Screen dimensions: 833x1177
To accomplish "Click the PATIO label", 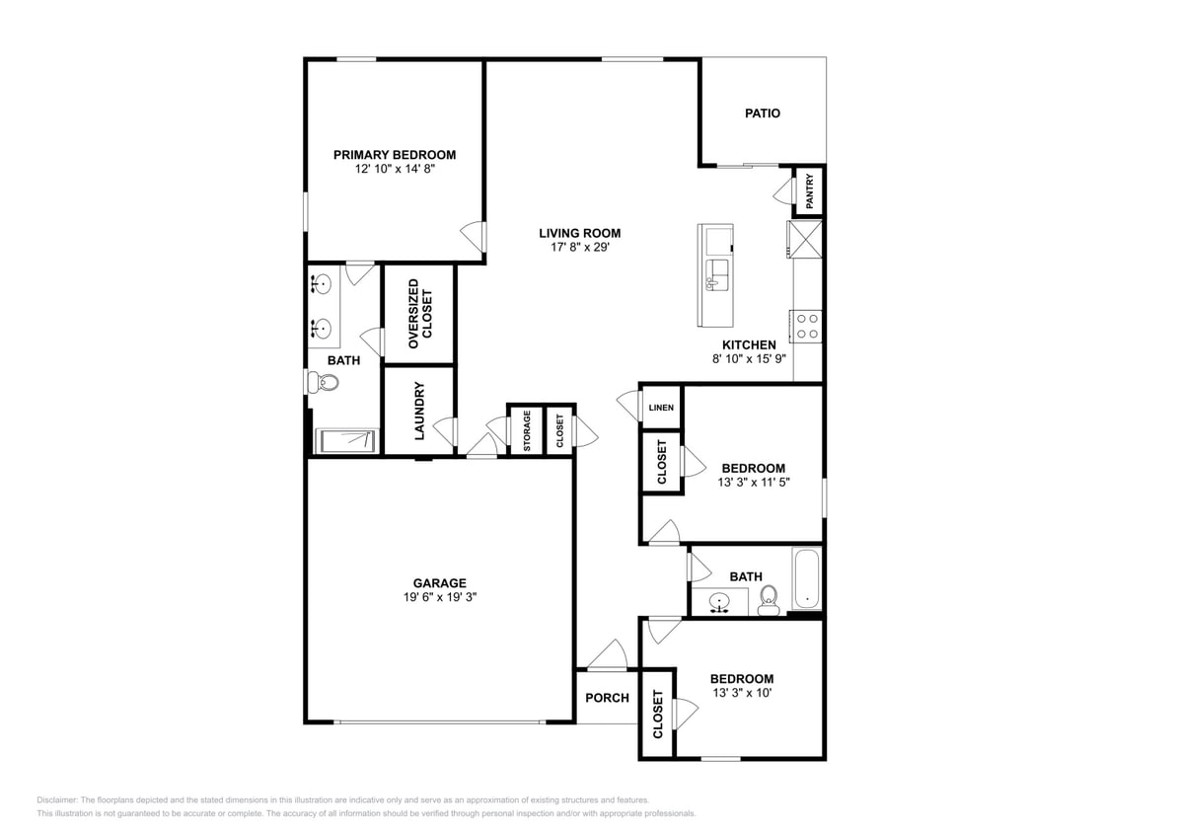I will pyautogui.click(x=762, y=114).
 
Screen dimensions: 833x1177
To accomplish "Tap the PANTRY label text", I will pyautogui.click(x=810, y=191).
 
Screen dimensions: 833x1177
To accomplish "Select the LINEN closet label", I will pyautogui.click(x=661, y=407).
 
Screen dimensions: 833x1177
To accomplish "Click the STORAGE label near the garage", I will pyautogui.click(x=527, y=430).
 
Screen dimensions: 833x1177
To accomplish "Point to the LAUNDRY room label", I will pyautogui.click(x=418, y=411).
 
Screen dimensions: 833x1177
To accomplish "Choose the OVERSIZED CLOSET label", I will pyautogui.click(x=419, y=314).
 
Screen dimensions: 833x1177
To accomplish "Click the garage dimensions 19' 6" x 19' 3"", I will pyautogui.click(x=439, y=597).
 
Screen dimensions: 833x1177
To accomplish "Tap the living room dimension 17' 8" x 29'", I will pyautogui.click(x=579, y=248).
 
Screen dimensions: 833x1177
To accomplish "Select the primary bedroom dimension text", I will pyautogui.click(x=395, y=169).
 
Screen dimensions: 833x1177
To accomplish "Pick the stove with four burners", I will pyautogui.click(x=807, y=327).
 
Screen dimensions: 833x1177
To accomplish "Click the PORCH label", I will pyautogui.click(x=607, y=698).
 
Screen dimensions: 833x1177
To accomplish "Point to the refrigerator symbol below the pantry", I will pyautogui.click(x=805, y=239).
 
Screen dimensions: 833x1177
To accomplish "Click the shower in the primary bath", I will pyautogui.click(x=345, y=440).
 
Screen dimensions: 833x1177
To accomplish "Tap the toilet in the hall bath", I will pyautogui.click(x=770, y=599).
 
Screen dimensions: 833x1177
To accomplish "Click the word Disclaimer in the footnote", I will pyautogui.click(x=58, y=800).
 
